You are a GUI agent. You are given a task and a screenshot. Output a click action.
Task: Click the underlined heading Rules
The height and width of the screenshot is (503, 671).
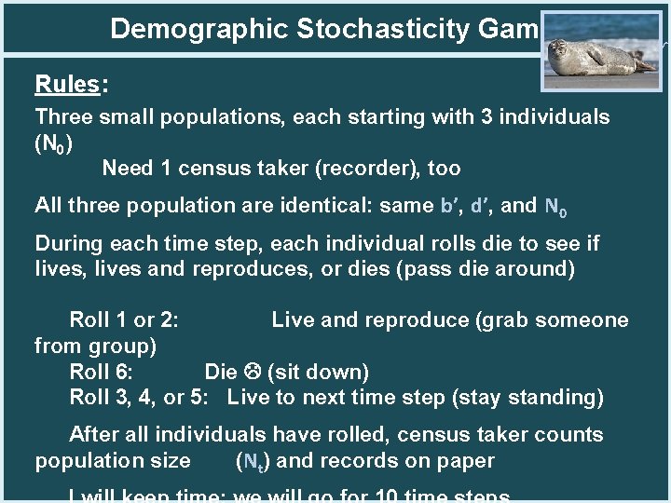click(66, 85)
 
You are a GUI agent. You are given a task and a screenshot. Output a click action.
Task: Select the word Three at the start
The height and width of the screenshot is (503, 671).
click(61, 117)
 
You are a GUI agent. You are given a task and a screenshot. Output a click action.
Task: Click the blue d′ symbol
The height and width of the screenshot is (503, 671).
click(481, 205)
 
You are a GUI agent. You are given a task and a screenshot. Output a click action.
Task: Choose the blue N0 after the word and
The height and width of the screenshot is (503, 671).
click(555, 206)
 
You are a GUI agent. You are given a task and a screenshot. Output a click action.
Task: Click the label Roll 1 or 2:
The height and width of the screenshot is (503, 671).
click(124, 320)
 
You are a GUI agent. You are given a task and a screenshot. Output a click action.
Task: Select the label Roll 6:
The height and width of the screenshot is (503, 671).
click(101, 373)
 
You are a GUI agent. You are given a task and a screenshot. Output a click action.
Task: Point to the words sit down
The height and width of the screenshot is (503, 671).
click(318, 373)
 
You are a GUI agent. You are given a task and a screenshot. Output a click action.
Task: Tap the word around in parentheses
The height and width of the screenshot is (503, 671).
click(536, 269)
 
